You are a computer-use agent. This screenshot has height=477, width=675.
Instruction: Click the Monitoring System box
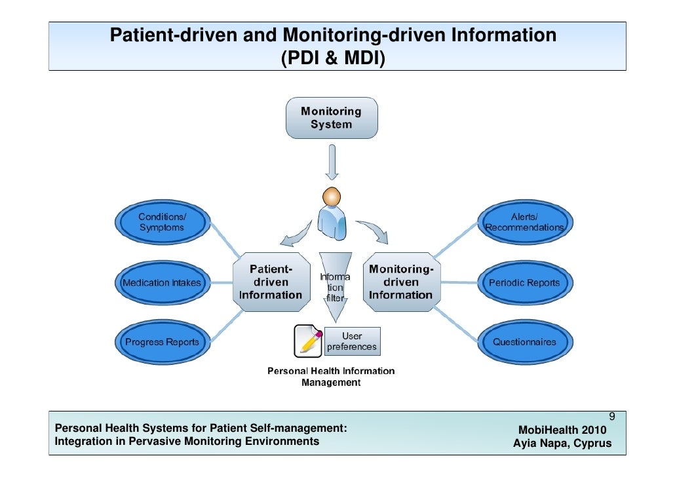click(x=331, y=118)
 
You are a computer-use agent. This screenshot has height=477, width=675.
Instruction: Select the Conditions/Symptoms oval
click(x=161, y=222)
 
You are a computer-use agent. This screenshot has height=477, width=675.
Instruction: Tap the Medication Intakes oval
click(x=161, y=282)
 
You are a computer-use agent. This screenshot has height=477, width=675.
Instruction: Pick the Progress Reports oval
click(x=161, y=341)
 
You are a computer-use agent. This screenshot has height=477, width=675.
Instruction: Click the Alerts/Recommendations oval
click(x=524, y=222)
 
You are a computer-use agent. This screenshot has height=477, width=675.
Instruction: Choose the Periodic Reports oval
click(x=524, y=282)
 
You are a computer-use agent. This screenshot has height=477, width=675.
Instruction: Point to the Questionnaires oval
click(x=524, y=341)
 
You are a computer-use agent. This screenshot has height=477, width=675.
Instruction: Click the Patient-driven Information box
click(x=271, y=282)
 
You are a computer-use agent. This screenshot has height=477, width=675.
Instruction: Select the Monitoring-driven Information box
click(x=400, y=282)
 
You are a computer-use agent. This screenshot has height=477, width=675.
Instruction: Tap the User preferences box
click(x=352, y=341)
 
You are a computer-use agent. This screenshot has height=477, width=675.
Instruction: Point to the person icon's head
click(x=332, y=196)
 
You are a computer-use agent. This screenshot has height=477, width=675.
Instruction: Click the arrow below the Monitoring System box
click(x=332, y=163)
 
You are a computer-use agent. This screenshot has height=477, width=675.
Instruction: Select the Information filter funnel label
click(x=334, y=287)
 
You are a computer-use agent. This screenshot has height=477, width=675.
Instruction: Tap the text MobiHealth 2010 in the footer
click(x=562, y=430)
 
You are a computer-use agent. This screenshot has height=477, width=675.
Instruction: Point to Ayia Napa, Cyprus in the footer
click(x=562, y=443)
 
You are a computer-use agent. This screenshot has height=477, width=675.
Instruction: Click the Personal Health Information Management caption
click(x=331, y=377)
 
